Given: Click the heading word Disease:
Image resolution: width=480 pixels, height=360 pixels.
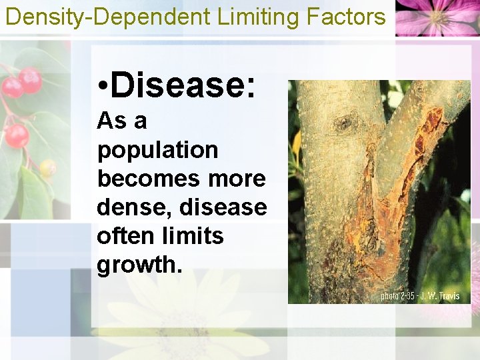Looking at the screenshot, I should (x=183, y=85).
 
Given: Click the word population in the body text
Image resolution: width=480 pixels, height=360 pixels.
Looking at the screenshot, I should (x=157, y=151).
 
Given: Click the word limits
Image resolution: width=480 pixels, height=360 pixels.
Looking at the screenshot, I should (x=193, y=236).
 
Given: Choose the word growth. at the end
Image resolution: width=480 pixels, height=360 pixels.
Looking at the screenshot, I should (x=139, y=265).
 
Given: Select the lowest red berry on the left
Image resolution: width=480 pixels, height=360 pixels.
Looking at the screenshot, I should (x=17, y=136).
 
